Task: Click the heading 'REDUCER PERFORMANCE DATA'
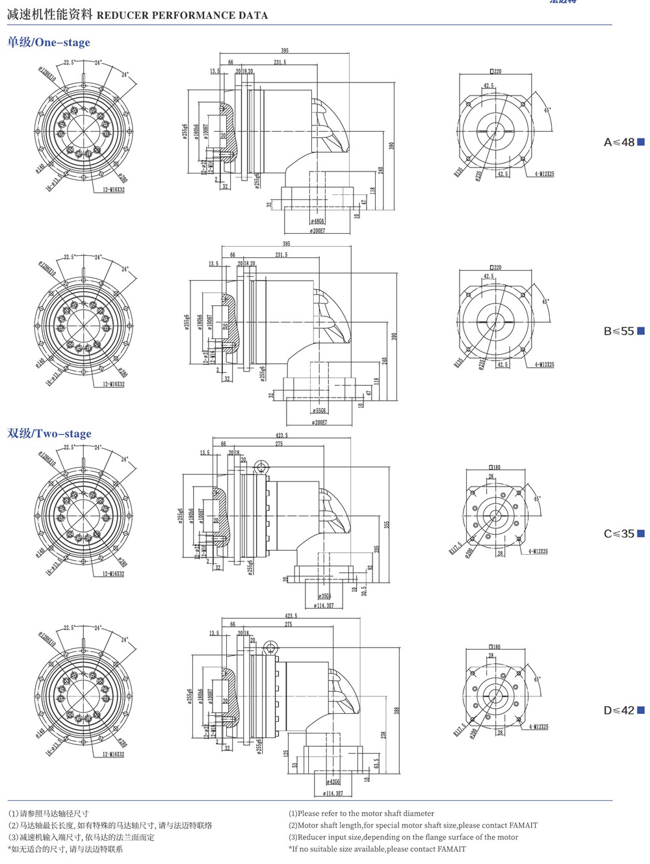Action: tap(182, 15)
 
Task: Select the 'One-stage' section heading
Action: tap(49, 42)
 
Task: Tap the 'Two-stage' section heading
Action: tap(49, 433)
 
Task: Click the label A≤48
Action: tap(619, 142)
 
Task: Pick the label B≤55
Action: tap(619, 331)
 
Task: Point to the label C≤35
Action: tap(619, 534)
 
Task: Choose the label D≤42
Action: tap(619, 711)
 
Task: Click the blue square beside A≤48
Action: tap(641, 142)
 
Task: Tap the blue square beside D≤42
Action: tap(641, 711)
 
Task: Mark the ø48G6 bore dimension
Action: tap(318, 222)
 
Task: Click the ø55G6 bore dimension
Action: tap(319, 411)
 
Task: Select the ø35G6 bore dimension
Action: tap(324, 596)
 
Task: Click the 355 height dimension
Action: tap(386, 525)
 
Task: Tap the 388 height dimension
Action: tap(396, 711)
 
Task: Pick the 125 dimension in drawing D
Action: tap(286, 754)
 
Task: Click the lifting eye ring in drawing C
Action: tap(261, 468)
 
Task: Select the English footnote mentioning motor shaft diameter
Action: tap(361, 813)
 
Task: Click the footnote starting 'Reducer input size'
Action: tap(404, 837)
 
